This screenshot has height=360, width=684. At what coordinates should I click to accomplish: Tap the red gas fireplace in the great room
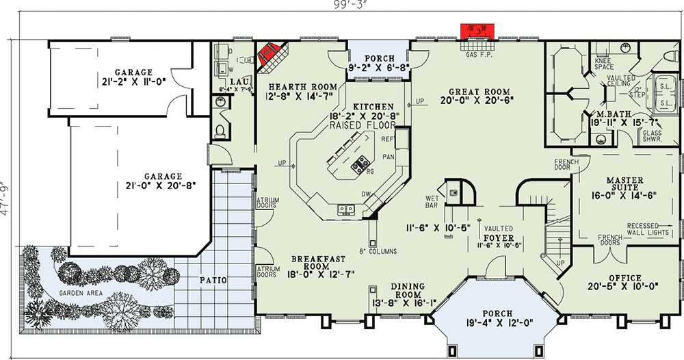tap(478, 31)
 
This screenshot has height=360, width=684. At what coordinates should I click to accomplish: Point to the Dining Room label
tap(417, 291)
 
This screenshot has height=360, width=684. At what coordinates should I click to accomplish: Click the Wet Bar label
tap(431, 201)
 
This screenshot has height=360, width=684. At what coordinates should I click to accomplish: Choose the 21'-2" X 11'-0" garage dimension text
tap(133, 81)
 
